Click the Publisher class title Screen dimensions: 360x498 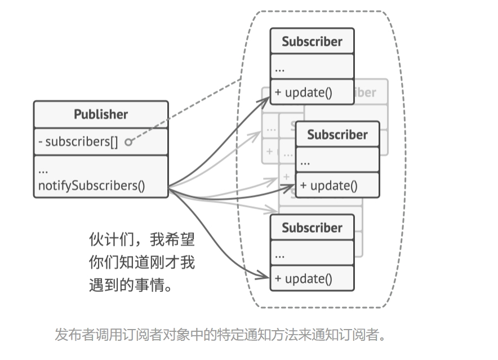[x=101, y=114]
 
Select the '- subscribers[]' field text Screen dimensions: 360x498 [x=78, y=141]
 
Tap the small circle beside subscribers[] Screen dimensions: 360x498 [x=128, y=142]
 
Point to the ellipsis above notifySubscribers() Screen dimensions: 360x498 [x=43, y=170]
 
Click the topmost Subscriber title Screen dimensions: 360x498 [x=312, y=41]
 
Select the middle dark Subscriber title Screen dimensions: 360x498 [x=337, y=135]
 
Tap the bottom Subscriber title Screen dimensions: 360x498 [x=312, y=228]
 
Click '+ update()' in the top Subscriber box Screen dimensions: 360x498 [x=304, y=92]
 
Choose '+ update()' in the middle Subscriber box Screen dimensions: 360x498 [x=329, y=185]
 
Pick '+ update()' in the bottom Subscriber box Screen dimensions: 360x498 [x=304, y=278]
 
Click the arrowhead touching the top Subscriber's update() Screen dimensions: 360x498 [x=266, y=99]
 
